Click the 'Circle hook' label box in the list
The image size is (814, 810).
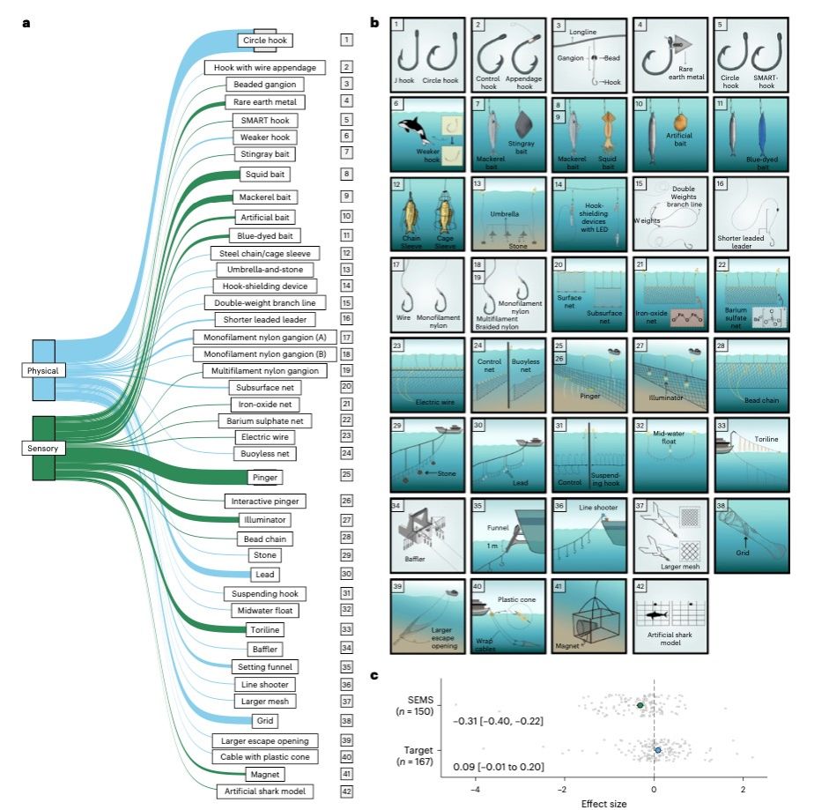pyautogui.click(x=264, y=41)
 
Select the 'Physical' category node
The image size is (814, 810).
pyautogui.click(x=42, y=371)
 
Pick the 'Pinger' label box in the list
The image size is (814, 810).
pyautogui.click(x=265, y=476)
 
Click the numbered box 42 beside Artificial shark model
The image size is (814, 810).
pyautogui.click(x=346, y=791)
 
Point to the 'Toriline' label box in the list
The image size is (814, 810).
pyautogui.click(x=265, y=630)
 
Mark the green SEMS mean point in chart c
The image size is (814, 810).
pyautogui.click(x=641, y=705)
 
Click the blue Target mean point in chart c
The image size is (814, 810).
pyautogui.click(x=658, y=750)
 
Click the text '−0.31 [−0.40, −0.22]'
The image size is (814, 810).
pyautogui.click(x=497, y=721)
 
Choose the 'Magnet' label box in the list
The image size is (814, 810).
pyautogui.click(x=265, y=774)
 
